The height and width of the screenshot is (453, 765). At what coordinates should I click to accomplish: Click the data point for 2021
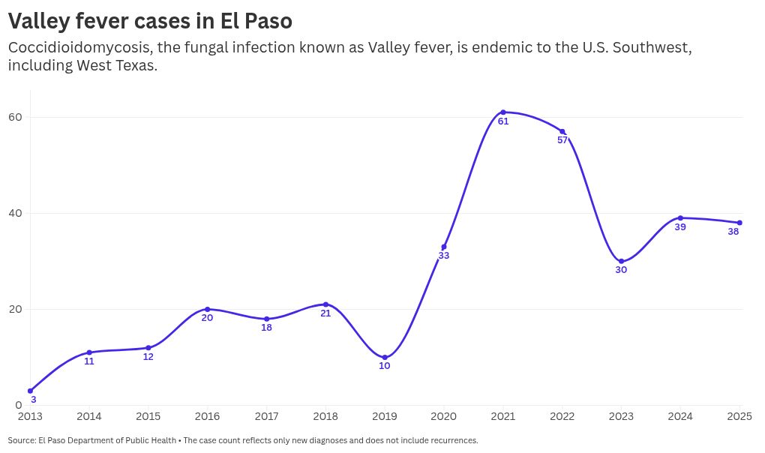tap(503, 112)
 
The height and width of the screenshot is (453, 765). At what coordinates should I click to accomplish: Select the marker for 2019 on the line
tap(385, 358)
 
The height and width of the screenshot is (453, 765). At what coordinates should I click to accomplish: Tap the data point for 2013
tap(30, 391)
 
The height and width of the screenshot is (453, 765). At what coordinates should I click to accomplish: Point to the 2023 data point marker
tap(621, 261)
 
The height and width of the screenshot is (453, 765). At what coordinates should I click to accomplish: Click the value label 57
tap(562, 140)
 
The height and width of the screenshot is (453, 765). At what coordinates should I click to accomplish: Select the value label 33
tap(444, 256)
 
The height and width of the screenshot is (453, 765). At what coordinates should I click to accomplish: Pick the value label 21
tap(325, 313)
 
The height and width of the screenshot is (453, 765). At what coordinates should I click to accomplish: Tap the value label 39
tap(680, 226)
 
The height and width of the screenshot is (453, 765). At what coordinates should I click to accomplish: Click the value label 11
tap(89, 361)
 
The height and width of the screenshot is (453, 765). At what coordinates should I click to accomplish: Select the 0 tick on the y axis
tap(19, 406)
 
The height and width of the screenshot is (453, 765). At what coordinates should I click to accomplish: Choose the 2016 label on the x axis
tap(207, 416)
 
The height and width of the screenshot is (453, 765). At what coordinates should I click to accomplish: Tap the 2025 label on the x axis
tap(739, 416)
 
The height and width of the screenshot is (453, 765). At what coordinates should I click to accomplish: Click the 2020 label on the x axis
tap(444, 416)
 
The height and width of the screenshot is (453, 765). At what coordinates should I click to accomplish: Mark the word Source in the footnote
tap(21, 440)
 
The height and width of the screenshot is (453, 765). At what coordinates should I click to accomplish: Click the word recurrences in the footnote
tap(452, 440)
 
